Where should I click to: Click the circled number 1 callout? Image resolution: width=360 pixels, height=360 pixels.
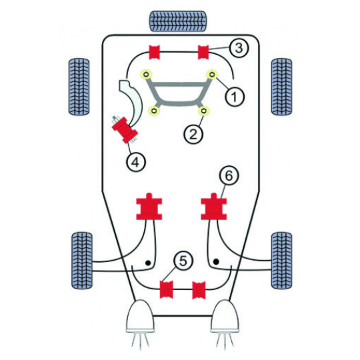tap(235, 97)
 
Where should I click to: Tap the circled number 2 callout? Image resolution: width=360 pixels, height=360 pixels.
tap(193, 134)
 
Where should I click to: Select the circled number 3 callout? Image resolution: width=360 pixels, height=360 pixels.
tap(239, 48)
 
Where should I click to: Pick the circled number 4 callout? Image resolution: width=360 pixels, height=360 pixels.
tap(136, 162)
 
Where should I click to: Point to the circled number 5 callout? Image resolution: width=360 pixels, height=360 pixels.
tap(183, 261)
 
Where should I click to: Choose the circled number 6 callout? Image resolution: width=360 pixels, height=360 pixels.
tap(229, 175)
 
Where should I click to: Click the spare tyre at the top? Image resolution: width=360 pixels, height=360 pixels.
tap(178, 21)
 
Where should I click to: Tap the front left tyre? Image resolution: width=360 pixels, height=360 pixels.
tap(79, 87)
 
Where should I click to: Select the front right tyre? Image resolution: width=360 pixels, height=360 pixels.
tap(282, 87)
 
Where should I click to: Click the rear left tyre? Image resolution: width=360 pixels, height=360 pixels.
tap(82, 261)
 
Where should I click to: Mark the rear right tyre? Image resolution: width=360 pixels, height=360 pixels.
tap(282, 261)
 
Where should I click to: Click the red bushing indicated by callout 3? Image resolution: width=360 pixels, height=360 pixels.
tap(203, 53)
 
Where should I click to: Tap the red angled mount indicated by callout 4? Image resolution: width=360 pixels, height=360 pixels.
tap(125, 130)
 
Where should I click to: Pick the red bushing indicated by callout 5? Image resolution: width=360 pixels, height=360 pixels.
tap(166, 289)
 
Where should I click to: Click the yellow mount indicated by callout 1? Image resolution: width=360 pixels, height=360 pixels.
tap(212, 75)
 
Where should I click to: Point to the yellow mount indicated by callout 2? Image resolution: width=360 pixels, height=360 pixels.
tap(203, 111)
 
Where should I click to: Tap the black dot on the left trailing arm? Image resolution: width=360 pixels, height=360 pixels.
tap(148, 263)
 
